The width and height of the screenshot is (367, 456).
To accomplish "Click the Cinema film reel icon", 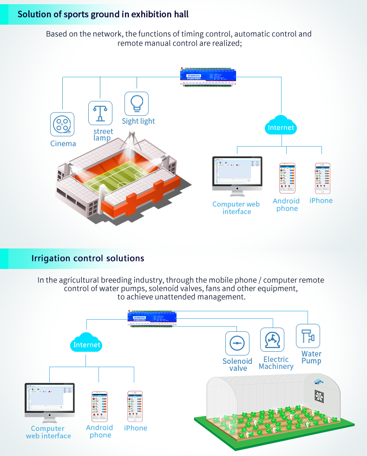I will [x=62, y=124].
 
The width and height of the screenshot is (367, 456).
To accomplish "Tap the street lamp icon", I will [x=100, y=113].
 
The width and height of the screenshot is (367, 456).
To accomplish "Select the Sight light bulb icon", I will [x=137, y=103].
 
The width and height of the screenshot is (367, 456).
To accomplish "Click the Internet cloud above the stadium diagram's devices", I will [x=281, y=127].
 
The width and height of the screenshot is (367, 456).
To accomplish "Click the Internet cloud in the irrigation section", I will [x=87, y=344].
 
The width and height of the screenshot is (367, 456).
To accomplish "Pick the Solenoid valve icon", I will [x=237, y=343].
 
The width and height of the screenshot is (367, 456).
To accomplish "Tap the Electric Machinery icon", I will [x=272, y=340].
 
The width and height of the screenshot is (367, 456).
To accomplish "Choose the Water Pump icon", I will [x=308, y=336].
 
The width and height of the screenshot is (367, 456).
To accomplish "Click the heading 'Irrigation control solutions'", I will [x=88, y=258].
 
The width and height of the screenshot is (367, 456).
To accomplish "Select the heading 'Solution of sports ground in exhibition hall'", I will [x=103, y=14].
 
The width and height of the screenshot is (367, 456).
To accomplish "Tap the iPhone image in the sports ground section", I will [x=322, y=178].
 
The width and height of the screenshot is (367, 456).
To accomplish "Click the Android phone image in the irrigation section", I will [x=99, y=406].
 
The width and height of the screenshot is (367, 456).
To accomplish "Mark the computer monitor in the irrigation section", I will [x=49, y=400].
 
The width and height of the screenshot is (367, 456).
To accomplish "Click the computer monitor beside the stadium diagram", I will [x=237, y=173].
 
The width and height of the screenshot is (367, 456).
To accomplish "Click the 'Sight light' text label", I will [x=138, y=121].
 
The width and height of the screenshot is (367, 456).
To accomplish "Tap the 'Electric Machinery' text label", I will [x=276, y=363].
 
